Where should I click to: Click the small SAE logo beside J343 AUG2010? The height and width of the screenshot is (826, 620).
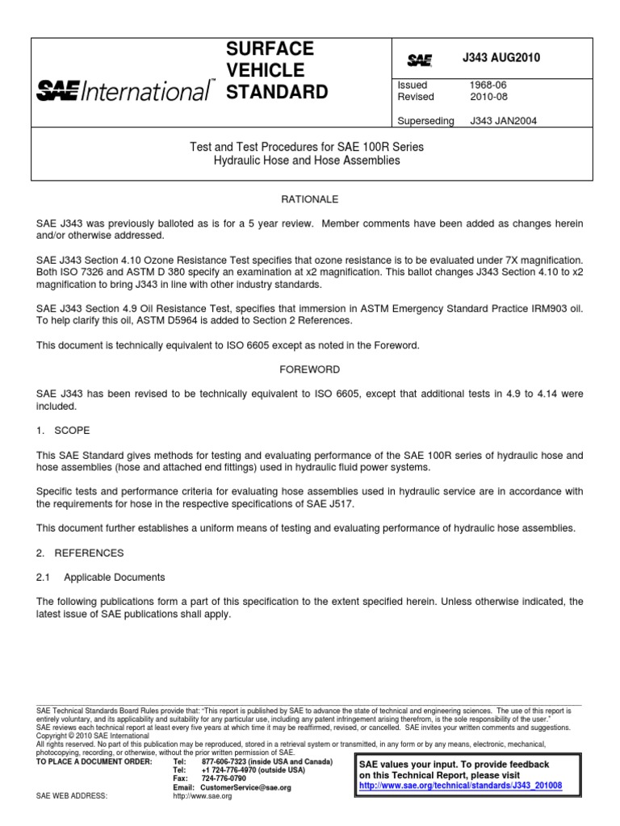tap(419, 60)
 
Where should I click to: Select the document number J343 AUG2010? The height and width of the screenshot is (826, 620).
tap(501, 58)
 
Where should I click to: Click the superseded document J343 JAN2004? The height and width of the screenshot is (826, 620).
tap(503, 121)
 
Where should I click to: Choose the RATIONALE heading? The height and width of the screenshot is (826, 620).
tap(309, 198)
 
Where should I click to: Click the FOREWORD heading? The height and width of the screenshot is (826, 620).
tap(309, 369)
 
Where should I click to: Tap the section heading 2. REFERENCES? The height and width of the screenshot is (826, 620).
tap(80, 553)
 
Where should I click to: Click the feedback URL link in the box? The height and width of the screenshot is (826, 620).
tap(461, 786)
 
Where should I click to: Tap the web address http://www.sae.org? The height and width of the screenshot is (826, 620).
tap(203, 796)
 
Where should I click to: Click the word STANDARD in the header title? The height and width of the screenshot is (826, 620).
tap(277, 92)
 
